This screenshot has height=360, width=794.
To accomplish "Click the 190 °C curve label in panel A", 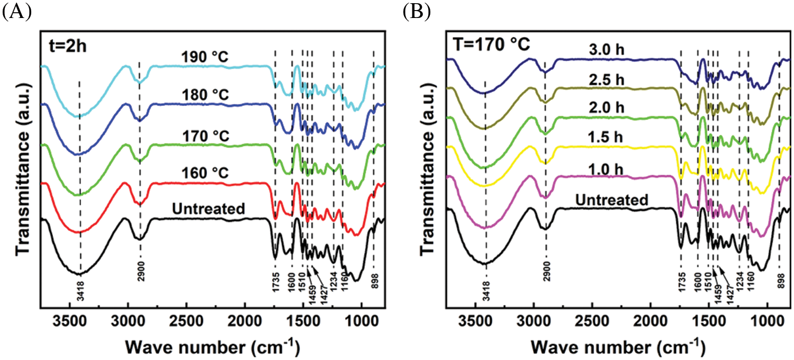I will (x=203, y=57).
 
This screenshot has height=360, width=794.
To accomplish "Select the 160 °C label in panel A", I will (x=203, y=174).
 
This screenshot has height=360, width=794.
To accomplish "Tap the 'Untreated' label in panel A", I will (x=209, y=209).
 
